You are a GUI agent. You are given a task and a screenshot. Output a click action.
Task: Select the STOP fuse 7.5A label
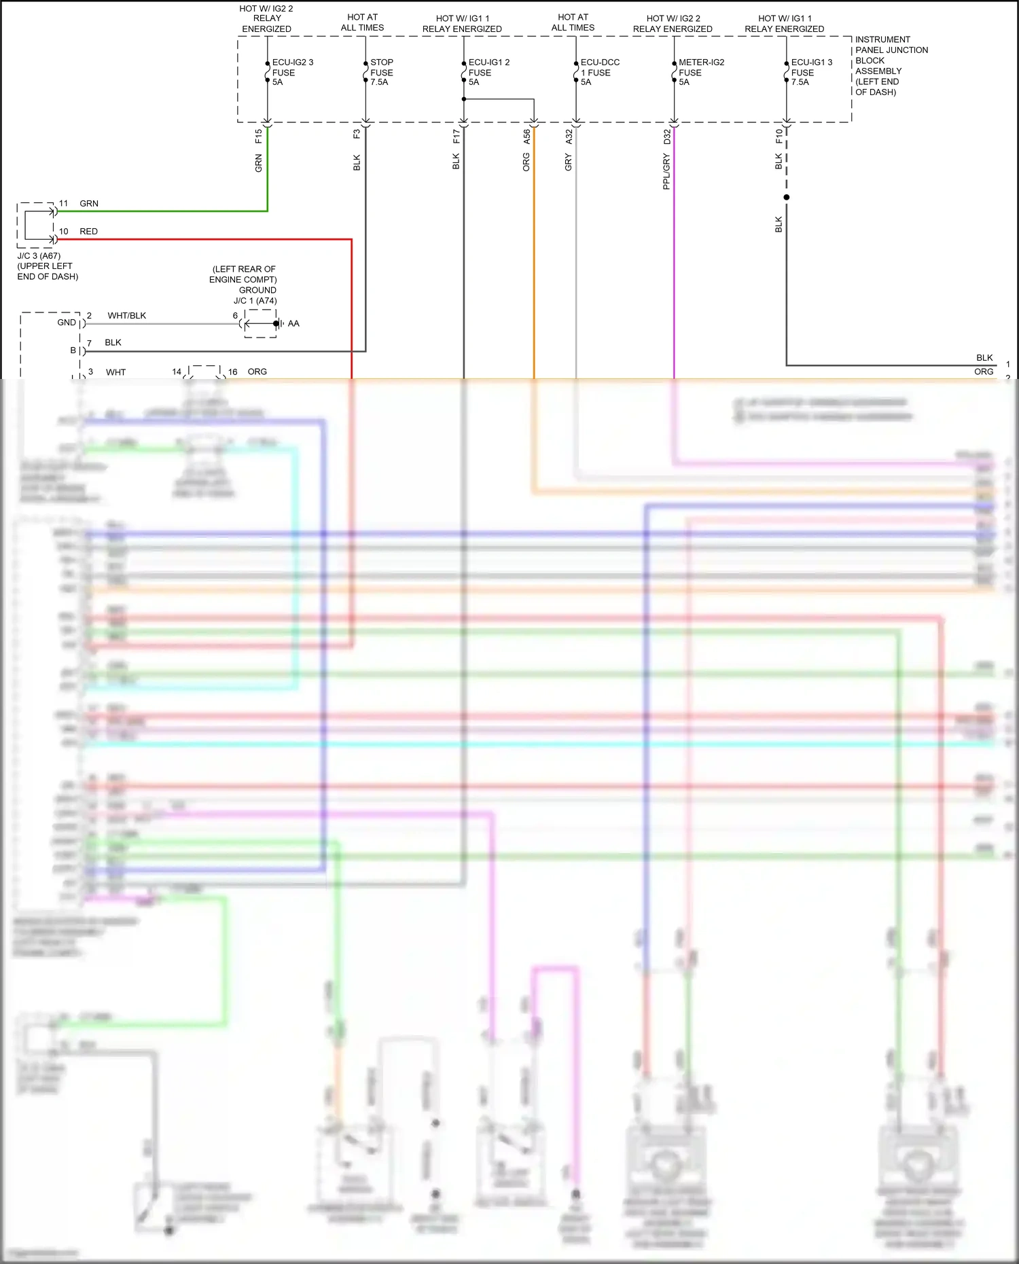[x=381, y=72]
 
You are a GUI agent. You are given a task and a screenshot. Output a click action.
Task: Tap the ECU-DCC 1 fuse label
[x=599, y=72]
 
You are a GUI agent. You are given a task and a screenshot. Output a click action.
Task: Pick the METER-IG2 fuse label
[x=700, y=72]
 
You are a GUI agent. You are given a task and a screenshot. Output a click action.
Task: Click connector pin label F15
[x=259, y=136]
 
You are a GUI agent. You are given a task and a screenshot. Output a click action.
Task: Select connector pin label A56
[x=526, y=137]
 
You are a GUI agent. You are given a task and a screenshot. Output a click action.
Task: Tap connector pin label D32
[x=667, y=137]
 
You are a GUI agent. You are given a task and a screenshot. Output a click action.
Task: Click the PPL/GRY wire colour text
[x=666, y=171]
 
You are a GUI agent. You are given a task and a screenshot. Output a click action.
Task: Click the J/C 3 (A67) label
[x=39, y=256]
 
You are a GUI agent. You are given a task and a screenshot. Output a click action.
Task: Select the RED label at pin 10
[x=88, y=232]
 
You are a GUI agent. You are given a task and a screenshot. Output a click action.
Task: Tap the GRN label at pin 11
[x=88, y=204]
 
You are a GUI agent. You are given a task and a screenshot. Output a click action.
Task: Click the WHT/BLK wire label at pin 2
[x=126, y=316]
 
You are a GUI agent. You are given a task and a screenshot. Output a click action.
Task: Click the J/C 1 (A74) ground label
[x=255, y=300]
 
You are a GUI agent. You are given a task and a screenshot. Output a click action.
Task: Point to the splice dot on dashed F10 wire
[x=787, y=198]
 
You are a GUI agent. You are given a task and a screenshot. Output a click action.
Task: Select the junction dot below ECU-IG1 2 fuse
[x=464, y=99]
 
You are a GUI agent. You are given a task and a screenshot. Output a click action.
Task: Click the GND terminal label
[x=67, y=323]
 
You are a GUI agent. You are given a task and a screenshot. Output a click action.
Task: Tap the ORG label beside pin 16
[x=257, y=372]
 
